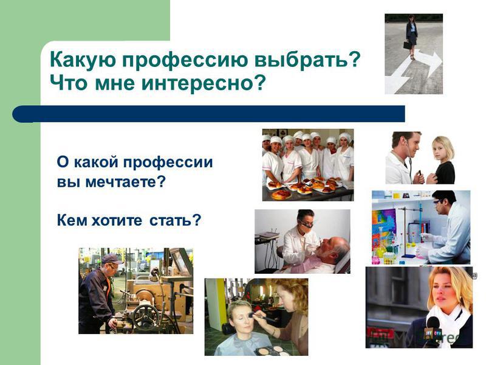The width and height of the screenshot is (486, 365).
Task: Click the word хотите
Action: pos(117,220)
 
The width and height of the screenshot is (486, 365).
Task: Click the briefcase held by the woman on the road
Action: pos(408,45)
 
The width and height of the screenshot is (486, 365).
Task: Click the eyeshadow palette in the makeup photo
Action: pos(272,350)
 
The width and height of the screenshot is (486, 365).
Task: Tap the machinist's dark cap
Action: pos(112,259)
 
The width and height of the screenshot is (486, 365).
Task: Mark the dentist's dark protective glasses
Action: pos(306,223)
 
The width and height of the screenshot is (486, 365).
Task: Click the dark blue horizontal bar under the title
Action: pos(208,114)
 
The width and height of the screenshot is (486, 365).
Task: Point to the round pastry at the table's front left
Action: pos(281,195)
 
